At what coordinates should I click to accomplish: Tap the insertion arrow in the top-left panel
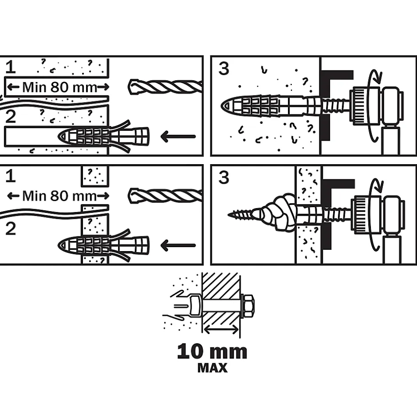[177, 136]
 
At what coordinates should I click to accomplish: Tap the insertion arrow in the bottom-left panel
[177, 245]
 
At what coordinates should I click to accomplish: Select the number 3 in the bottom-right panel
[224, 177]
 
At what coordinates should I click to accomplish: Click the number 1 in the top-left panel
[11, 67]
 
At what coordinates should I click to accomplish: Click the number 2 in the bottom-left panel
[11, 229]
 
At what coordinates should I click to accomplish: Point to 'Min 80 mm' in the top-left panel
[59, 87]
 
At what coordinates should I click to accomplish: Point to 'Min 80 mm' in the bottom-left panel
[59, 195]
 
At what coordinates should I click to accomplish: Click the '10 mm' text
[212, 352]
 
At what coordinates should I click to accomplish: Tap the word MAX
[212, 368]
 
